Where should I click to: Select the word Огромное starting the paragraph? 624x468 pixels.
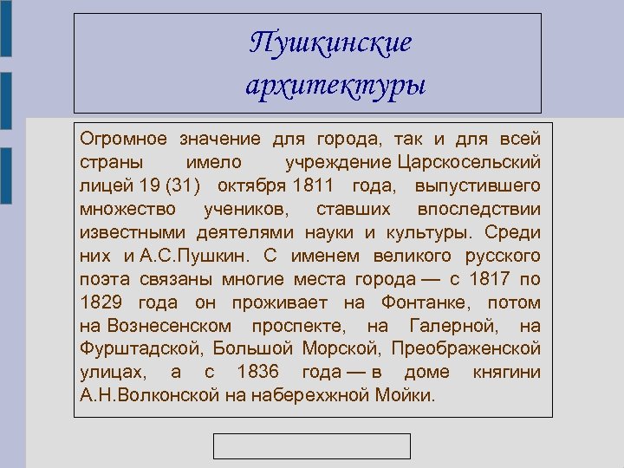pos(123,139)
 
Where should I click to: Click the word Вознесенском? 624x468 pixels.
pos(169,326)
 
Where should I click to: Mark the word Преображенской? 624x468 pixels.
pos(466,349)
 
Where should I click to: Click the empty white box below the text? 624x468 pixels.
pos(312,445)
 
